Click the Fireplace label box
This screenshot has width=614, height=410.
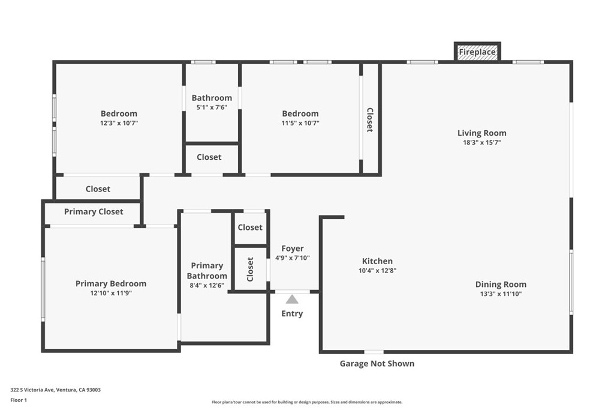[x=477, y=52]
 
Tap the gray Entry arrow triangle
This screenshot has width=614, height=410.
[x=292, y=300]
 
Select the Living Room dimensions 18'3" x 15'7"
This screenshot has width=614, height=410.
[x=481, y=143]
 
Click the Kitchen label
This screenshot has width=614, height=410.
[x=377, y=261]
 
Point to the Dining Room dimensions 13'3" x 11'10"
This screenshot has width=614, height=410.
[x=501, y=294]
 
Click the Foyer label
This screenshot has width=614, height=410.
[x=293, y=249]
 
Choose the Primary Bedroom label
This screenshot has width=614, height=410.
[x=111, y=284]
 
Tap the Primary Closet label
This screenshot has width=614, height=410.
[x=94, y=212]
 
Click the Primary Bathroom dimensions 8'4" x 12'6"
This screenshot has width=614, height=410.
[x=207, y=285]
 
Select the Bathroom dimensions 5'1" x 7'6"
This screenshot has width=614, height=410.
[x=212, y=107]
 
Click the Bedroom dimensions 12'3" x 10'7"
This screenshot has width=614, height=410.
[x=119, y=123]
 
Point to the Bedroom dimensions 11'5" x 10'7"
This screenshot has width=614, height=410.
[x=300, y=123]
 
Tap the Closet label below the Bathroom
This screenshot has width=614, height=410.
[x=209, y=157]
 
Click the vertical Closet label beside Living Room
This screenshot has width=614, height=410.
[x=369, y=120]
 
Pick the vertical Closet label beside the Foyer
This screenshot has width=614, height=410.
[x=250, y=270]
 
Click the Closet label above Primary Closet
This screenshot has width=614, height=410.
[x=98, y=189]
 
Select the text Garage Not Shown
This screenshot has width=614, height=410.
[x=377, y=364]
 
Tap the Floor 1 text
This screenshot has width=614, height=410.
[x=19, y=400]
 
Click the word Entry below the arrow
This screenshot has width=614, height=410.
[x=292, y=313]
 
